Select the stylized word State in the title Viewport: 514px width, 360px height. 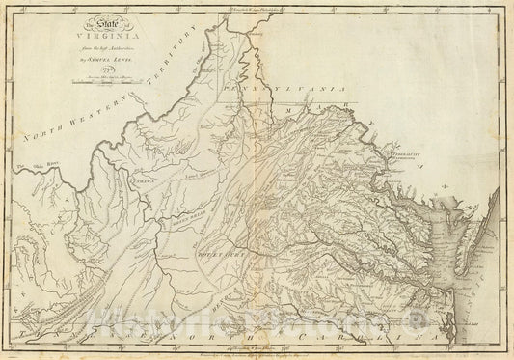pyautogui.click(x=102, y=25)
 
